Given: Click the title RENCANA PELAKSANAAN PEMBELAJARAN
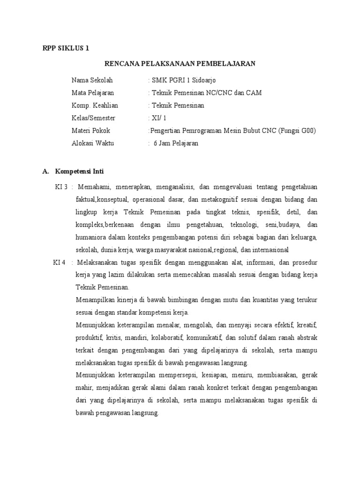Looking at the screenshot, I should point(180,63).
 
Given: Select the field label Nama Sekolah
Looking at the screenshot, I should point(92,80).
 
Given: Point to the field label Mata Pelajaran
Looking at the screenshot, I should point(93,93).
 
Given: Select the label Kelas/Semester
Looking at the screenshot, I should point(93,118).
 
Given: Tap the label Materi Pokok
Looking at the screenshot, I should point(91,131).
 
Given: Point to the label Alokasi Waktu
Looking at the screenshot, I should point(93,143).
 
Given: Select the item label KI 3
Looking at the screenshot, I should point(61,187).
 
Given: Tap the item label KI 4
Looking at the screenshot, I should point(60,262).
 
